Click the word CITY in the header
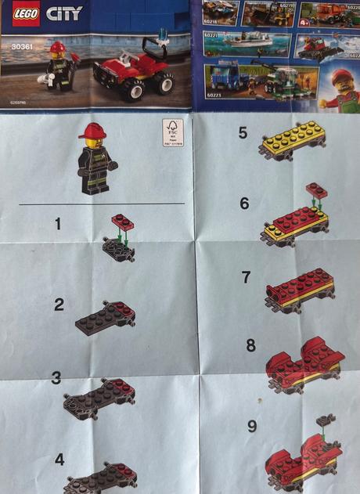[64, 13]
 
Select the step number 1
[58, 224]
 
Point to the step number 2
[59, 305]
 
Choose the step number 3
[56, 378]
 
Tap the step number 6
[244, 204]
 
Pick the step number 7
[246, 277]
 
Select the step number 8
[250, 344]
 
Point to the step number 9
[252, 426]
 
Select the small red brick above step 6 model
[316, 189]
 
